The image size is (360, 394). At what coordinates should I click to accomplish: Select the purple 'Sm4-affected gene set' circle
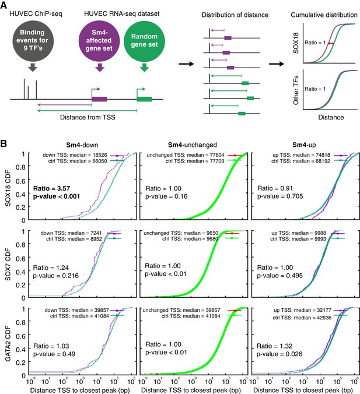point(99,41)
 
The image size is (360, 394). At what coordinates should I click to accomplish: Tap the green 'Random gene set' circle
point(144,41)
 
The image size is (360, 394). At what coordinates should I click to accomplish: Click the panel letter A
point(4,5)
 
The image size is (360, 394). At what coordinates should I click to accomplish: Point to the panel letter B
point(4,144)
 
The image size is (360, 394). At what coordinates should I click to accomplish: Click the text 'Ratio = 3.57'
point(51,188)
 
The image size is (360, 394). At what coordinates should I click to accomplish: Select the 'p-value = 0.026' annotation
point(279,354)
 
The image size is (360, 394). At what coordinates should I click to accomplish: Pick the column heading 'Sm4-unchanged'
point(193,145)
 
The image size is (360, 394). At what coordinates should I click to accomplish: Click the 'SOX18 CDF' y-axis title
point(8,188)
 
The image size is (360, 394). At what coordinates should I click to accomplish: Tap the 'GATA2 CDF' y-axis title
point(8,344)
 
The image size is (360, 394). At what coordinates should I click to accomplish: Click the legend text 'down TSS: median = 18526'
point(75,155)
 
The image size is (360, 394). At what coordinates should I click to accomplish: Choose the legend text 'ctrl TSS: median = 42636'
point(302,318)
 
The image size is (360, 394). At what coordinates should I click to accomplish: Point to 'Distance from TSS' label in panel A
point(88,117)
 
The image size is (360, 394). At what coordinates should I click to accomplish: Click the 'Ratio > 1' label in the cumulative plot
point(315,43)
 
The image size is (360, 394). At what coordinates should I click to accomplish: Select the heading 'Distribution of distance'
point(235,15)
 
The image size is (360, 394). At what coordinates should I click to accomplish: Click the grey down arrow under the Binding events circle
point(33,68)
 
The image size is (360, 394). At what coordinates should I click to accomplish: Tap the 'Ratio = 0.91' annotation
point(275,188)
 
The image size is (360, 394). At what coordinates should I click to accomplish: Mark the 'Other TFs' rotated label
point(296,90)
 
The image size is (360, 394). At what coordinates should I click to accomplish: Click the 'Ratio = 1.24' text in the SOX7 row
point(51,268)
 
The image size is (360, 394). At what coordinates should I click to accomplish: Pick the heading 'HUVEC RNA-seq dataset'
point(122,14)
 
